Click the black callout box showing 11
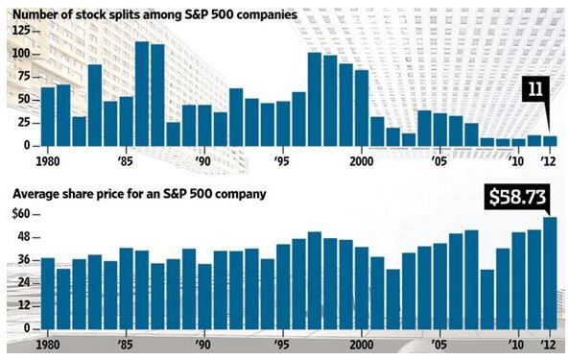[x=535, y=89]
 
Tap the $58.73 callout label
[x=516, y=197]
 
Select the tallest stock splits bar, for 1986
[x=142, y=94]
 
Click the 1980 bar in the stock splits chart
[x=48, y=117]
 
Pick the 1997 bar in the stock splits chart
[x=315, y=99]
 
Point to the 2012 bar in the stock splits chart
[x=550, y=141]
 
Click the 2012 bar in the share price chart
[x=550, y=273]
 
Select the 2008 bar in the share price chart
[x=487, y=300]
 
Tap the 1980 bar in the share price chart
[x=48, y=294]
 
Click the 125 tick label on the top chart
[x=21, y=31]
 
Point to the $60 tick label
[x=21, y=214]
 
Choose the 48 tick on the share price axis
[x=24, y=237]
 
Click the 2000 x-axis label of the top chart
[x=362, y=160]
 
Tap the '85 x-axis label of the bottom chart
[x=126, y=344]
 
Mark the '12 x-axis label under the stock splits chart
[x=548, y=160]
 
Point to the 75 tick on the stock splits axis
[x=24, y=77]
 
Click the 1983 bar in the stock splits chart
[x=95, y=106]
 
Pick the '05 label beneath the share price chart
[x=439, y=344]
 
